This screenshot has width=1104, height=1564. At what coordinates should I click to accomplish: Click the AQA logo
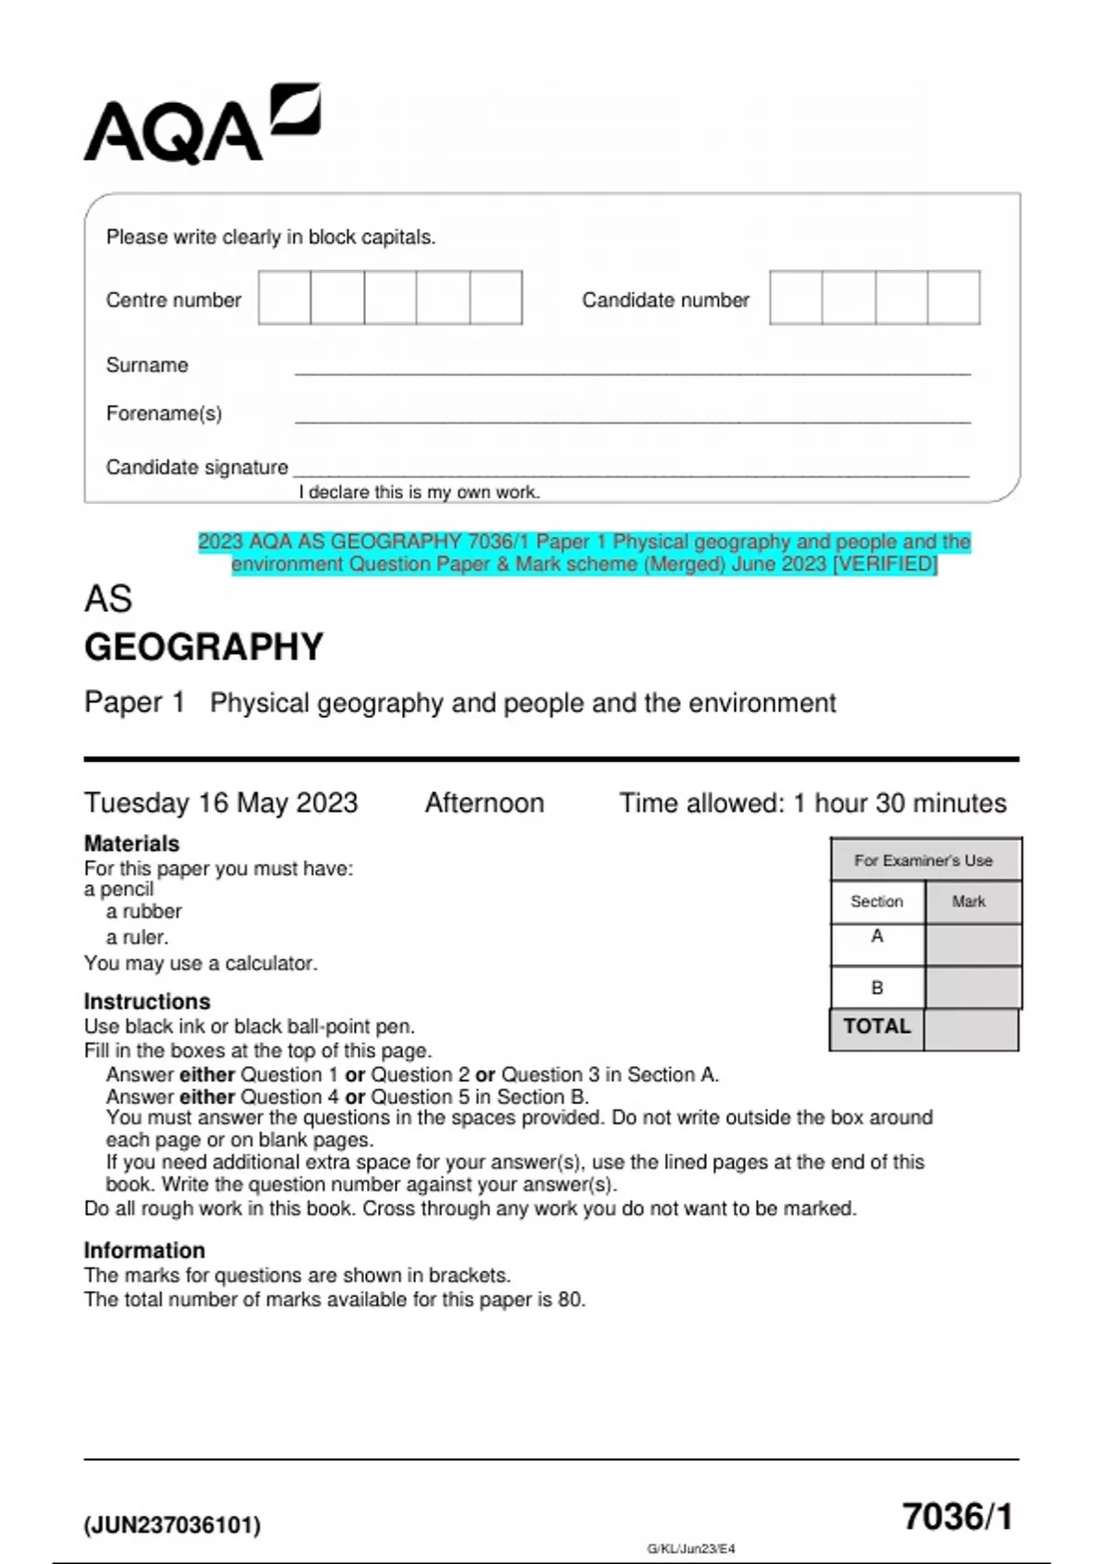click(201, 125)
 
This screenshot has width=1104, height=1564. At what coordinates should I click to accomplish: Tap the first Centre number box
click(284, 297)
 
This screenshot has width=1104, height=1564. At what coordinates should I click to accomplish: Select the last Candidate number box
click(953, 297)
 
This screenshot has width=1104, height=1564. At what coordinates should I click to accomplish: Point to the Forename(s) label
click(164, 414)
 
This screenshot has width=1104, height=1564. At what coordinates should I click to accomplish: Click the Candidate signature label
click(197, 467)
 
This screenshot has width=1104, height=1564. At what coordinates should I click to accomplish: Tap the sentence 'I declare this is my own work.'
click(419, 492)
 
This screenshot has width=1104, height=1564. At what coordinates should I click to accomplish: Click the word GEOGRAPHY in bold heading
click(204, 647)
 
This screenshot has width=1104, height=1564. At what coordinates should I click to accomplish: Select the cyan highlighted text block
click(584, 553)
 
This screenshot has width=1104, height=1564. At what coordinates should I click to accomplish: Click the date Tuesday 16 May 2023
click(221, 803)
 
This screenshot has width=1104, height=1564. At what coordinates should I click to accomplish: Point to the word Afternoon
click(484, 803)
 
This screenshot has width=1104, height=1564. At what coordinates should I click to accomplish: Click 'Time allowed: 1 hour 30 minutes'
click(812, 803)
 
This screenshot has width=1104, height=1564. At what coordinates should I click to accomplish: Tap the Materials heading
click(132, 844)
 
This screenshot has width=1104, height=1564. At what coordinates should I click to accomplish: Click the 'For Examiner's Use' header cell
click(924, 860)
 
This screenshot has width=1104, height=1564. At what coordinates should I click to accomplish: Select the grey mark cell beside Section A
click(972, 944)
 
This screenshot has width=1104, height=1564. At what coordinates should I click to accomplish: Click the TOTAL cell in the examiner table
click(877, 1028)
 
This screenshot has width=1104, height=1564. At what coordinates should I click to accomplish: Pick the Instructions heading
click(147, 1001)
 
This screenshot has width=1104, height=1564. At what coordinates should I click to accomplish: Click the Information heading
click(144, 1250)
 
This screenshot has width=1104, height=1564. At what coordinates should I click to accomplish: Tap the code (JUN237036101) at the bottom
click(172, 1525)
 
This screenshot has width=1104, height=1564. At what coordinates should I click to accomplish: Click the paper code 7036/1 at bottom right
click(957, 1517)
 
